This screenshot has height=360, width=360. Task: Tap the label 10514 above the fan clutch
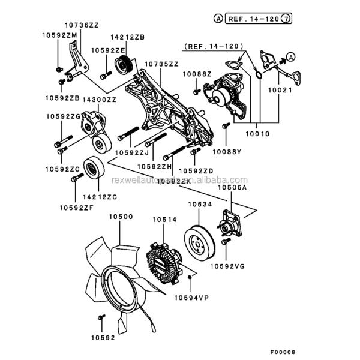164,220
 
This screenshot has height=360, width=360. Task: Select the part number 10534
201,205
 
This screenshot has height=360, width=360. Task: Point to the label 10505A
232,188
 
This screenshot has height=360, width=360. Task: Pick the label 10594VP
192,296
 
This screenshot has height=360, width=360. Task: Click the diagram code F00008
282,352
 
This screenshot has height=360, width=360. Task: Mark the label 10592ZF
76,208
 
